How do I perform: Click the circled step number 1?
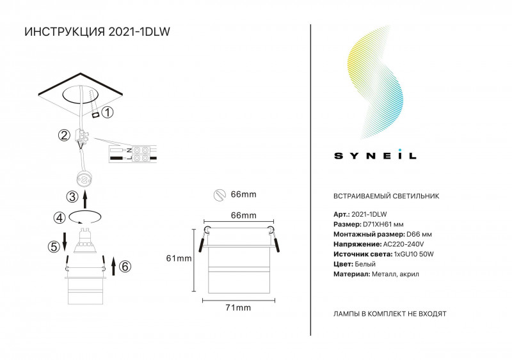click(x=108, y=113)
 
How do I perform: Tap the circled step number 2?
click(x=64, y=135)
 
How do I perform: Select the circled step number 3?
click(x=72, y=197)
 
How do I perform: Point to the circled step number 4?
click(x=60, y=217)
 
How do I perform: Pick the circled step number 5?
click(x=54, y=246)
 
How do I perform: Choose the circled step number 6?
click(x=125, y=267)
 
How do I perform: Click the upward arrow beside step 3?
click(x=85, y=200)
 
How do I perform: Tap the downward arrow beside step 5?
click(x=65, y=242)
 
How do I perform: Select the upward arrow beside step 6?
click(x=114, y=266)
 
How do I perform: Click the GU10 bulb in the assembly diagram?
click(x=85, y=241)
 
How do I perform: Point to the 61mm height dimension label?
click(x=179, y=258)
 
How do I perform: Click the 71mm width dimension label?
click(x=238, y=308)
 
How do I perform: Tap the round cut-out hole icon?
click(x=220, y=195)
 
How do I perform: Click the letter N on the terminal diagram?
click(x=129, y=150)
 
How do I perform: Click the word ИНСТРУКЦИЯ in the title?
click(x=65, y=32)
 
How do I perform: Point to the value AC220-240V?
click(x=403, y=244)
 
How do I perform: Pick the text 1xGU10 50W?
click(x=413, y=254)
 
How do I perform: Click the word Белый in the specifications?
click(x=365, y=264)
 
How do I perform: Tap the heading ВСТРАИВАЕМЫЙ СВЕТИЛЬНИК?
click(x=387, y=196)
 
